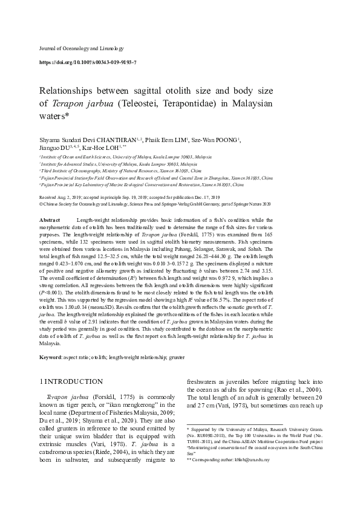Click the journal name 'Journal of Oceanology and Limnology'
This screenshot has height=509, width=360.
(x=82, y=48)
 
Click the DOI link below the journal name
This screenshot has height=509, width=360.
(x=88, y=62)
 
